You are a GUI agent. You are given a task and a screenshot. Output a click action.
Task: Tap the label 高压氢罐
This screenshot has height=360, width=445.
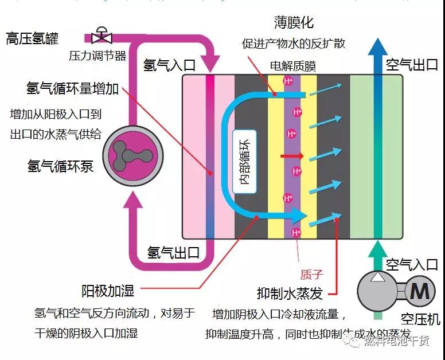click(x=32, y=39)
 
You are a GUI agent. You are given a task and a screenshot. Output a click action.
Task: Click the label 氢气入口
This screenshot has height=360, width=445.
click(x=169, y=64)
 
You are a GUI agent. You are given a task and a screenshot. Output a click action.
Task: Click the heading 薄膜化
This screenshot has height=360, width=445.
click(x=295, y=23)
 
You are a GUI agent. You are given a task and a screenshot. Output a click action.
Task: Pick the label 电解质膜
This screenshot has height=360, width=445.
click(x=292, y=66)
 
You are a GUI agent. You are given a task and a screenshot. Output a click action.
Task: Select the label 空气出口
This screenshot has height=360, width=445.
click(x=412, y=64)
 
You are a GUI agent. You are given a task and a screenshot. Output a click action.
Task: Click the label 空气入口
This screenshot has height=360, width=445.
click(x=412, y=264)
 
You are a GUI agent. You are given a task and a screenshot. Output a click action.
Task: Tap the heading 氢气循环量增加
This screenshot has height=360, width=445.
click(x=73, y=88)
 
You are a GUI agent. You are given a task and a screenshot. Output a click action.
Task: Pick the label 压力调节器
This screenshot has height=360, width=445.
click(x=89, y=56)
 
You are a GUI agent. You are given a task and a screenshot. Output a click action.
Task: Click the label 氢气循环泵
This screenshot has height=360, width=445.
click(x=60, y=166)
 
